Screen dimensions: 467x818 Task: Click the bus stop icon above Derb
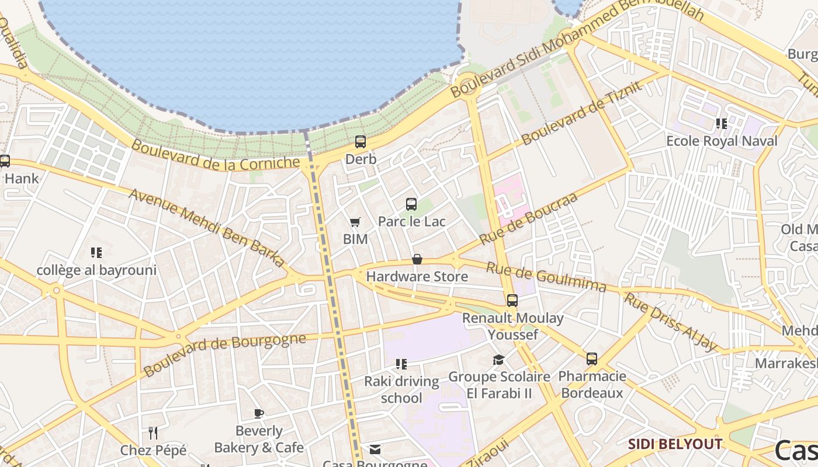pyautogui.click(x=361, y=142)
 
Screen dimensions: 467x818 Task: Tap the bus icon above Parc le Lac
pyautogui.click(x=411, y=204)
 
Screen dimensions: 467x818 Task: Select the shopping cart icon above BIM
pyautogui.click(x=355, y=222)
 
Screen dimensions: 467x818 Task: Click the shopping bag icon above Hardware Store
pyautogui.click(x=417, y=259)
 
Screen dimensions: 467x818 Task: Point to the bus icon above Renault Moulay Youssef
pyautogui.click(x=512, y=301)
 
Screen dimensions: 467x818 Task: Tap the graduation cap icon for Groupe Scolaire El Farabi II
pyautogui.click(x=498, y=360)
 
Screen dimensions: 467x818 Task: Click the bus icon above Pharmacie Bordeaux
pyautogui.click(x=592, y=359)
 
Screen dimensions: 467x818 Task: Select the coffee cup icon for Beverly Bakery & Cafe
pyautogui.click(x=259, y=414)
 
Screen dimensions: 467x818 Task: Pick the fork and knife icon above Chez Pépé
pyautogui.click(x=153, y=433)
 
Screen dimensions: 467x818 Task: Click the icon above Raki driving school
pyautogui.click(x=401, y=364)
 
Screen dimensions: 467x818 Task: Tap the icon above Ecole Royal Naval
pyautogui.click(x=722, y=124)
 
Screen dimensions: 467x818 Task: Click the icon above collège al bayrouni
pyautogui.click(x=96, y=253)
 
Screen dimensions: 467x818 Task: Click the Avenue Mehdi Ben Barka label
pyautogui.click(x=207, y=228)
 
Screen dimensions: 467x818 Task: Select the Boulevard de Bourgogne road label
pyautogui.click(x=225, y=354)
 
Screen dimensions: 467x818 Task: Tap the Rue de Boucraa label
pyautogui.click(x=528, y=218)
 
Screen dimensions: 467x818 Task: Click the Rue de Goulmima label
pyautogui.click(x=546, y=277)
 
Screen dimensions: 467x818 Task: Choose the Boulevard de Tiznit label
pyautogui.click(x=582, y=113)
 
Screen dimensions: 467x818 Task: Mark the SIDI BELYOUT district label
pyautogui.click(x=675, y=444)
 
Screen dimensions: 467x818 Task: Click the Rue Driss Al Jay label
pyautogui.click(x=671, y=322)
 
